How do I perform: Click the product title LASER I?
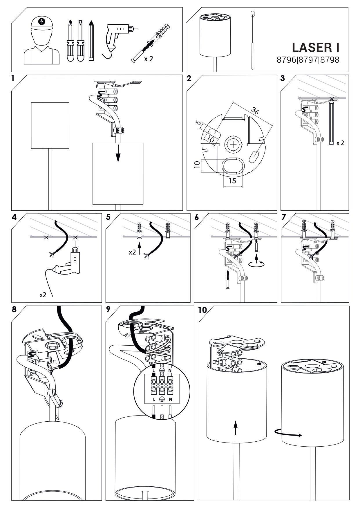pyautogui.click(x=315, y=47)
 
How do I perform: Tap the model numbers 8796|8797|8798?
pyautogui.click(x=308, y=60)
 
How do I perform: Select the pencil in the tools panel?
pyautogui.click(x=91, y=40)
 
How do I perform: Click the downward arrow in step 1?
pyautogui.click(x=118, y=154)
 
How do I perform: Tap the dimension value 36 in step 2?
pyautogui.click(x=255, y=111)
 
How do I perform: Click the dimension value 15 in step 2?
pyautogui.click(x=232, y=181)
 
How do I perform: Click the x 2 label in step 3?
pyautogui.click(x=340, y=143)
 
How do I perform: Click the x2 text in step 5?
pyautogui.click(x=132, y=252)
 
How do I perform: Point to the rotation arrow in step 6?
pyautogui.click(x=257, y=263)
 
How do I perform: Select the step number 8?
pyautogui.click(x=14, y=309)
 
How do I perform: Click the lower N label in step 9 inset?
pyautogui.click(x=171, y=399)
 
